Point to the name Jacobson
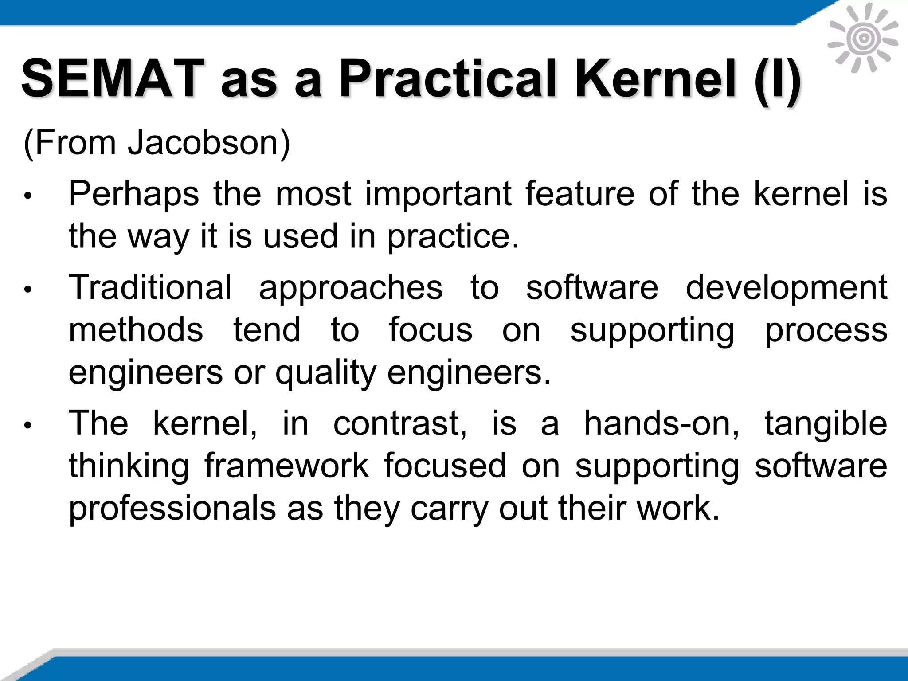[209, 143]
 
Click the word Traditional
[150, 287]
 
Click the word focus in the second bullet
[431, 330]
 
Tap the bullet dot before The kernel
[27, 426]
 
